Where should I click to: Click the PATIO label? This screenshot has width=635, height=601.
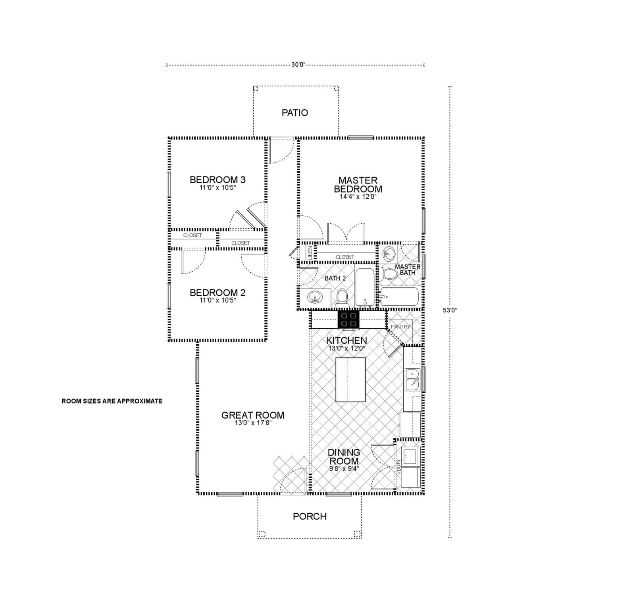click(x=294, y=113)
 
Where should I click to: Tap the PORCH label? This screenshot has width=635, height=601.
click(x=310, y=516)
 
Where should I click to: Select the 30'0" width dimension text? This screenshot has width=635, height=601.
click(x=298, y=65)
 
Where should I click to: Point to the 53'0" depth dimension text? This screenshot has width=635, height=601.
click(x=450, y=310)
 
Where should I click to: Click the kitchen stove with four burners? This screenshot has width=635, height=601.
click(x=348, y=320)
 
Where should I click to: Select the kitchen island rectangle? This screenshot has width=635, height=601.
click(x=350, y=380)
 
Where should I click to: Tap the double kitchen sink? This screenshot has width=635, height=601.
click(x=412, y=380)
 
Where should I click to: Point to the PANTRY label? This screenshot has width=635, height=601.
click(x=400, y=327)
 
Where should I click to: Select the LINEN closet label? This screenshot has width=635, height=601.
click(x=310, y=252)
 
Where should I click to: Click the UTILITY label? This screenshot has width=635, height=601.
click(x=398, y=467)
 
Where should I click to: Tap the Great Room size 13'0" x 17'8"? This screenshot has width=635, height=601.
click(x=253, y=423)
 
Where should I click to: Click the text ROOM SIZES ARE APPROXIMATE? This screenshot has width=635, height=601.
click(x=112, y=401)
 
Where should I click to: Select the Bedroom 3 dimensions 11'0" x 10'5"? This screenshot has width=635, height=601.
click(x=217, y=188)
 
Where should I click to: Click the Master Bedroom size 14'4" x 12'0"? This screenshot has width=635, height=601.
click(x=358, y=197)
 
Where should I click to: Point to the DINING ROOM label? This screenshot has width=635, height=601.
click(x=344, y=456)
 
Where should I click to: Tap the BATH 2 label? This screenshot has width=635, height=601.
click(x=335, y=278)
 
